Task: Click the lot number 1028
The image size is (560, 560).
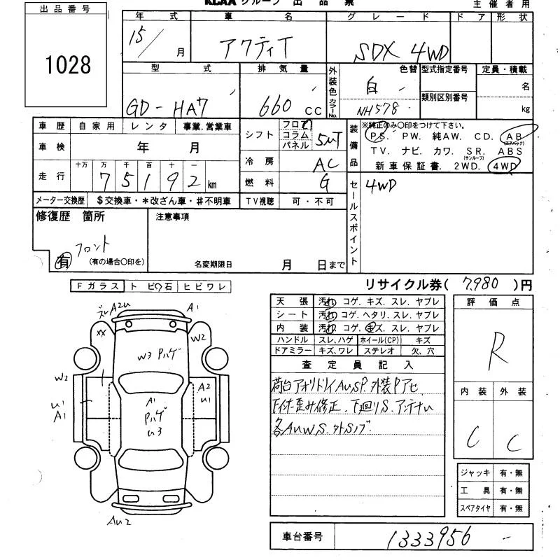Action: coord(69,65)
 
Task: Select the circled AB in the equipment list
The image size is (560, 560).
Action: coord(516,136)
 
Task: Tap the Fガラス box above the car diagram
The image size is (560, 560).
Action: coord(97,286)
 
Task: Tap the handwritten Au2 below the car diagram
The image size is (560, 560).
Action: coord(119,521)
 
